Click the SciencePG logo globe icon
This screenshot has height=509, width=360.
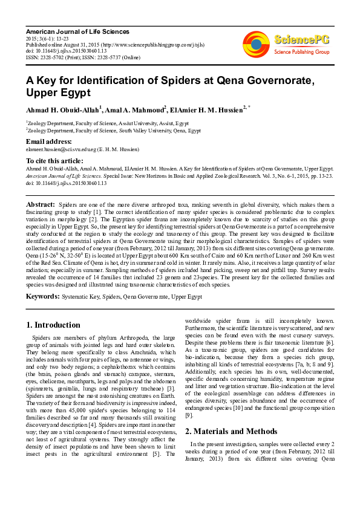click(x=256, y=44)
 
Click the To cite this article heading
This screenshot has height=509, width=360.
click(x=55, y=161)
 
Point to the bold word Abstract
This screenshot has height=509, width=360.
click(x=40, y=206)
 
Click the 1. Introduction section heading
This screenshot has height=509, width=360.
click(x=54, y=325)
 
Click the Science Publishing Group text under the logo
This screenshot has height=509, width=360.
click(x=300, y=52)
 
